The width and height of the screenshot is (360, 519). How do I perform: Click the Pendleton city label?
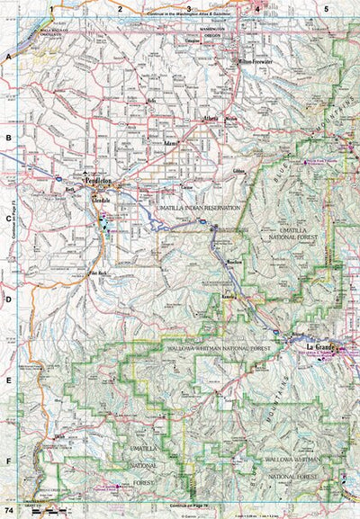pos(97,180)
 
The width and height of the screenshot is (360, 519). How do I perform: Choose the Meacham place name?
pos(236,262)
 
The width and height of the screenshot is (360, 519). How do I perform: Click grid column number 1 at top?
pos(53,8)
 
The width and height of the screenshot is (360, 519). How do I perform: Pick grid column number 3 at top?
pos(188,8)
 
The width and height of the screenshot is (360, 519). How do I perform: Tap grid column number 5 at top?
pos(325,8)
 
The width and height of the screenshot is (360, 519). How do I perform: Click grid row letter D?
pos(8,299)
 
